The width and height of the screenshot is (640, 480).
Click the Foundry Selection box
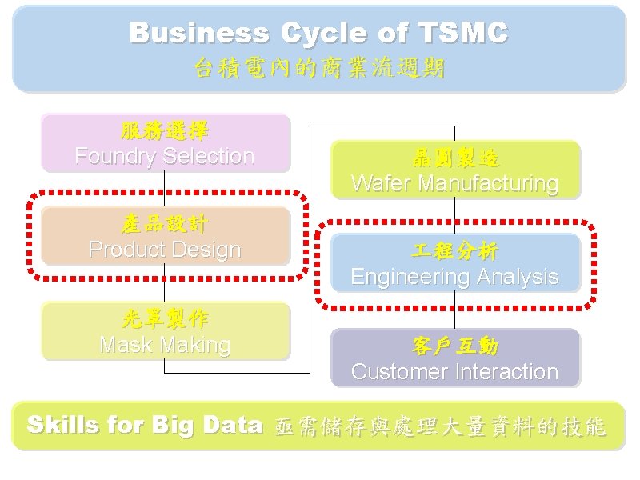(x=165, y=143)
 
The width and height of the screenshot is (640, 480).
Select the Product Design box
(x=165, y=237)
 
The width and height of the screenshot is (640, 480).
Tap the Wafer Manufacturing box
(x=454, y=170)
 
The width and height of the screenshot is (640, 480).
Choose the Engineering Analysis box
(x=454, y=263)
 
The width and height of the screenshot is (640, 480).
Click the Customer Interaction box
(x=454, y=358)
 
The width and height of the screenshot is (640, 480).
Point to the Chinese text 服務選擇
(x=165, y=130)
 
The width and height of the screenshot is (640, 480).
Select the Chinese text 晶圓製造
(x=454, y=158)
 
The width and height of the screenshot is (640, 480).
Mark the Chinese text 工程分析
(x=454, y=251)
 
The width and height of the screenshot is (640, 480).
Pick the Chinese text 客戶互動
(x=454, y=346)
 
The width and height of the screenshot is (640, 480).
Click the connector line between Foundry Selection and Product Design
(x=164, y=190)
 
